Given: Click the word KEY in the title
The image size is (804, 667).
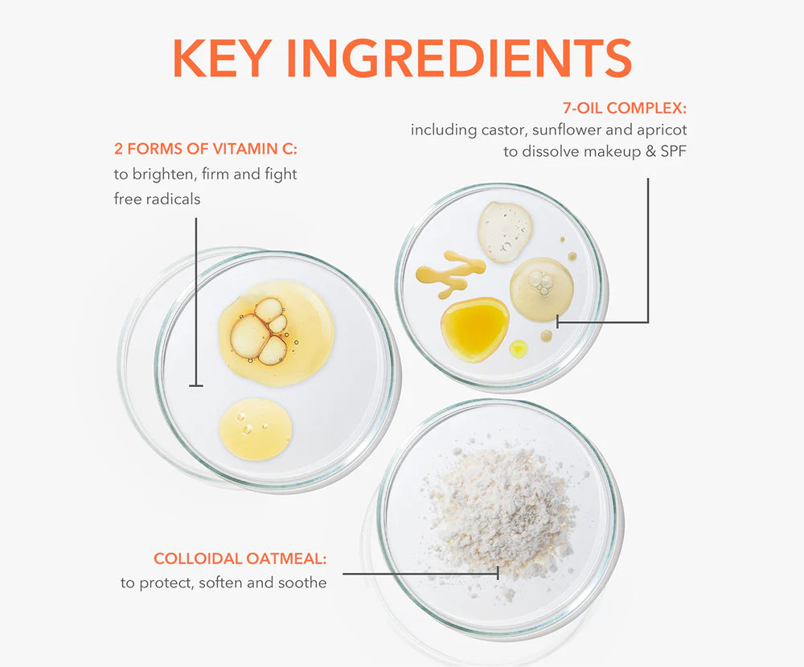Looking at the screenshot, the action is (x=222, y=58).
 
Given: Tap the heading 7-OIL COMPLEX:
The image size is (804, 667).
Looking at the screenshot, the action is (x=625, y=109).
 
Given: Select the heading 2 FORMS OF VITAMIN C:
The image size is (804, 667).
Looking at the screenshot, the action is (x=206, y=149).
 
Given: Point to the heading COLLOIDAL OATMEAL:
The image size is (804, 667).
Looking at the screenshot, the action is (x=240, y=558).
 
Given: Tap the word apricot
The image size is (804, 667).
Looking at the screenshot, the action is (x=662, y=131).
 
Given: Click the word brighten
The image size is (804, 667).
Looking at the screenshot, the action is (x=164, y=175).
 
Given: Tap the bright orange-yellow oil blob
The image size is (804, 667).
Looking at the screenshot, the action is (x=474, y=329).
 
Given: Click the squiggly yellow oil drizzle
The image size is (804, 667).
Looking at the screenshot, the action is (x=450, y=272).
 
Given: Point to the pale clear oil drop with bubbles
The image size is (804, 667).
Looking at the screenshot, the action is (x=505, y=232).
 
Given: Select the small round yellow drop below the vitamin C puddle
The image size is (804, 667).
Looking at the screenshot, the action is (x=256, y=428).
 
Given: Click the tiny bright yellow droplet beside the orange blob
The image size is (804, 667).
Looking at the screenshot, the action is (x=519, y=349).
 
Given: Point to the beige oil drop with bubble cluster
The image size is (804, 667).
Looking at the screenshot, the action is (x=541, y=290).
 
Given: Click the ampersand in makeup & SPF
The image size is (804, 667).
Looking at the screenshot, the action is (x=650, y=152).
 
